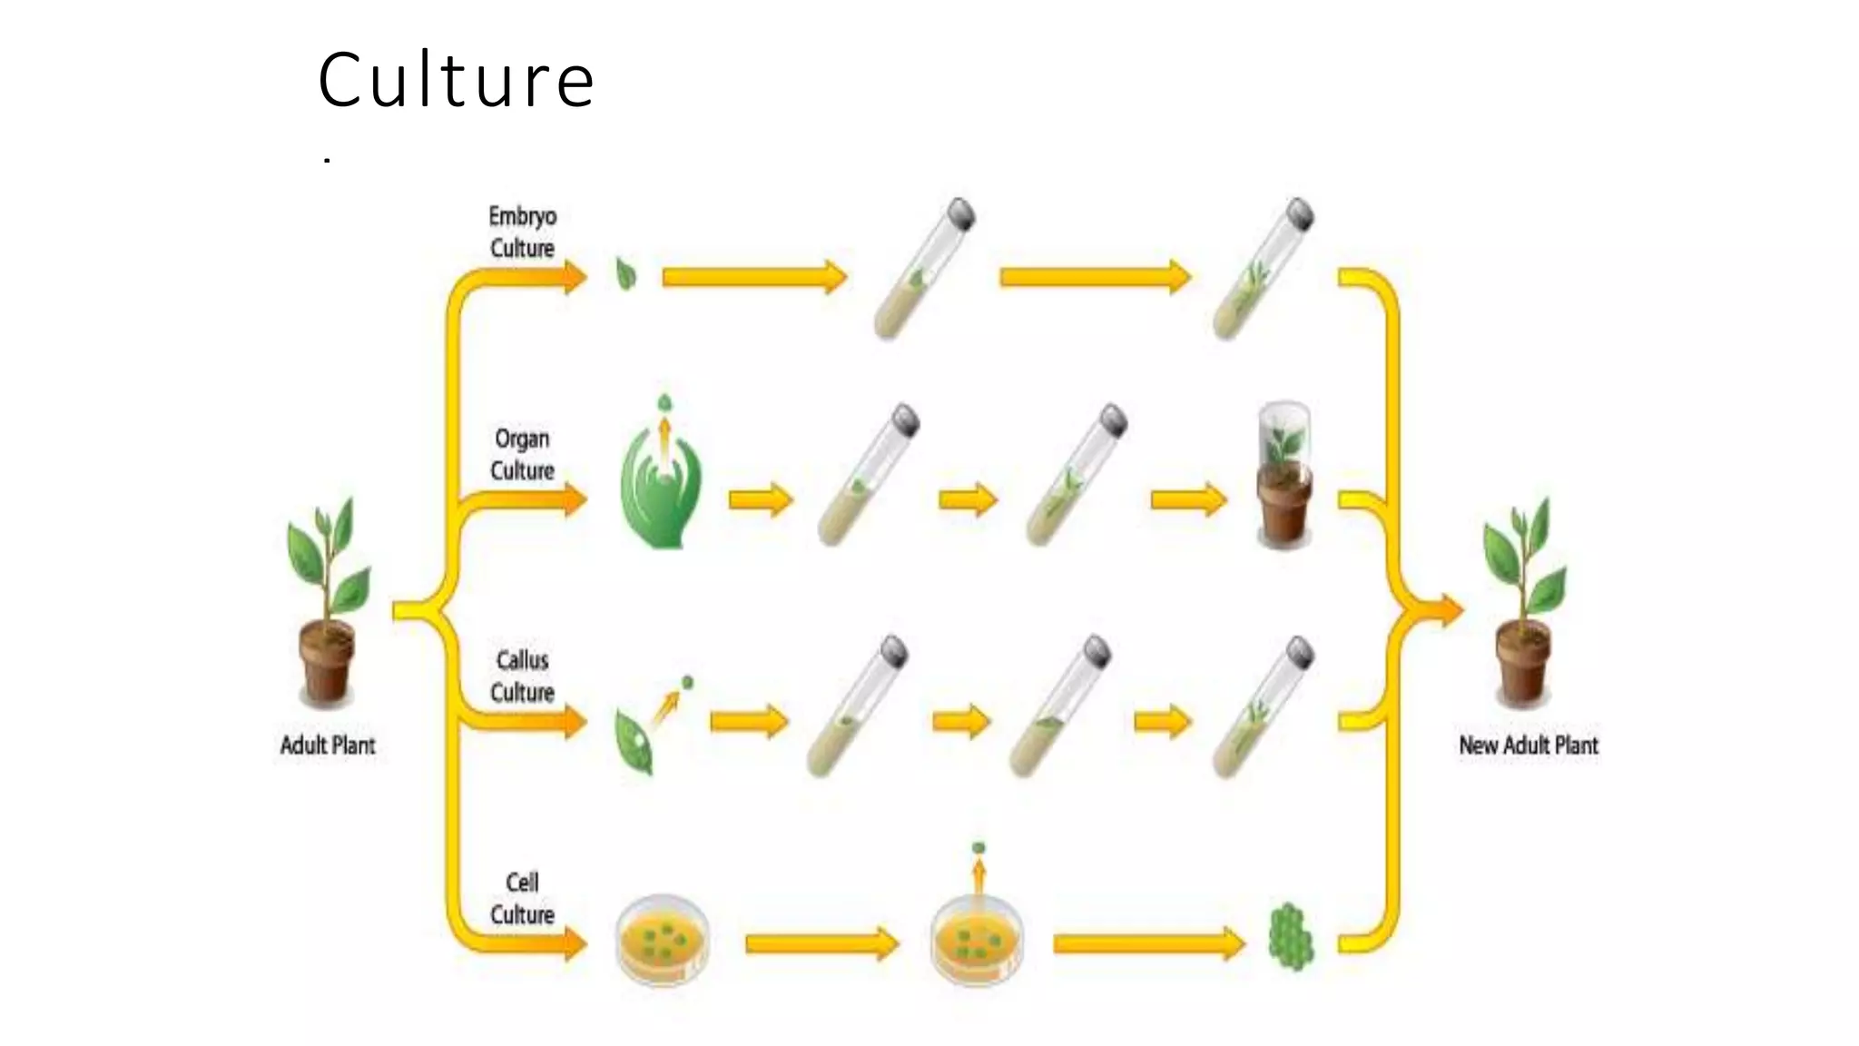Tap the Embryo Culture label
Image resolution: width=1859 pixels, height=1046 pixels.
coord(522,232)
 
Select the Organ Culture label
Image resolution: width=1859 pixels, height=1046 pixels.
coord(522,454)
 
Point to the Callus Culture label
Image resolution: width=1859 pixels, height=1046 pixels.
coord(522,676)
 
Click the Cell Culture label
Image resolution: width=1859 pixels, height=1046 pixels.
coord(522,898)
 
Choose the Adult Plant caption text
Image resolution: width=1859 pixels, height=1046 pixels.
coord(328,745)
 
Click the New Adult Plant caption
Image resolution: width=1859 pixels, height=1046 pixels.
coord(1529,745)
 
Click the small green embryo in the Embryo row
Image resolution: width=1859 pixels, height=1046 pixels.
coord(625,274)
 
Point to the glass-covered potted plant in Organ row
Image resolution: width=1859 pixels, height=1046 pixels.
coord(1284,475)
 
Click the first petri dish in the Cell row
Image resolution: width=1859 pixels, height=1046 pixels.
coord(663,940)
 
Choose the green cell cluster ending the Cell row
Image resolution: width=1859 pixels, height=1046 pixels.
coord(1290,936)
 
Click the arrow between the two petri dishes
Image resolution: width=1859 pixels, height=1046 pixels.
coord(822,944)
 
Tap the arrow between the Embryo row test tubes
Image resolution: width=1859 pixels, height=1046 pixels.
coord(1096,277)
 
